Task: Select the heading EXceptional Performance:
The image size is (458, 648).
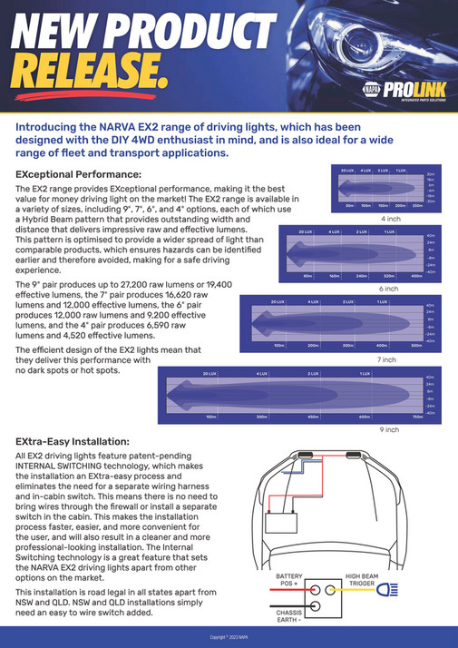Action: [x=78, y=173]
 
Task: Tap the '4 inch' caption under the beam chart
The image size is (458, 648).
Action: [x=390, y=219]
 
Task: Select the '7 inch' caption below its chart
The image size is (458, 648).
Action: [x=386, y=359]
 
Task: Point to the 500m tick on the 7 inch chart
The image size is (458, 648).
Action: [x=416, y=346]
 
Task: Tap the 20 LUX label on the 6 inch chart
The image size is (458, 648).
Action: [x=306, y=232]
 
